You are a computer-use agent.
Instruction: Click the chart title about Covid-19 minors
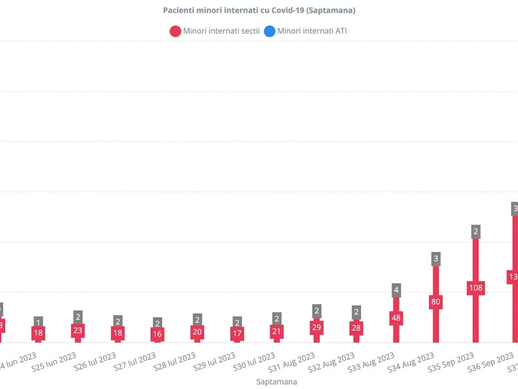[x=259, y=10]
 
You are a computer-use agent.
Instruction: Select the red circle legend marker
[x=175, y=31]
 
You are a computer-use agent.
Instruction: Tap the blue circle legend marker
[x=269, y=31]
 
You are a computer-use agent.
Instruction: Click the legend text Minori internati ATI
[x=312, y=31]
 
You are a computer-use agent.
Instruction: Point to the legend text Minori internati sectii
[x=221, y=31]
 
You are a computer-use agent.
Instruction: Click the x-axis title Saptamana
[x=276, y=382]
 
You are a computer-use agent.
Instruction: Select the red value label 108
[x=476, y=288]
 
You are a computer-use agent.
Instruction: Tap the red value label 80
[x=436, y=302]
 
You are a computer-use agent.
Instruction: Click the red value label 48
[x=396, y=318]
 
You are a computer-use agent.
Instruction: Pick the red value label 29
[x=316, y=328]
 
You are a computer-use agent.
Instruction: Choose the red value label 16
[x=158, y=334]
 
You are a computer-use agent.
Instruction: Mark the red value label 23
[x=78, y=331]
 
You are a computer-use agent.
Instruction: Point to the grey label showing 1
[x=38, y=322]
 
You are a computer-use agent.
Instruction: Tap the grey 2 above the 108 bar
[x=476, y=232]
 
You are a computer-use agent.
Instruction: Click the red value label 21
[x=277, y=332]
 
